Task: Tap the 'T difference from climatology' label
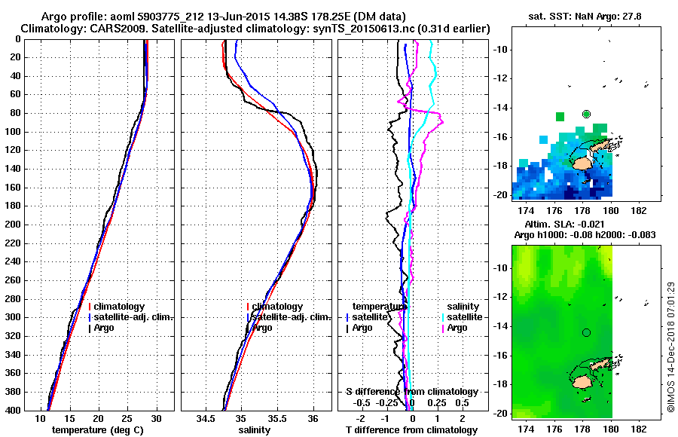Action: pos(412,429)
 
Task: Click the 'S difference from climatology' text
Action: pos(412,392)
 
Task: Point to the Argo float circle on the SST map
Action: pos(586,114)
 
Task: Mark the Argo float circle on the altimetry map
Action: pos(586,332)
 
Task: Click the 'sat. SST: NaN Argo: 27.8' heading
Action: pos(576,16)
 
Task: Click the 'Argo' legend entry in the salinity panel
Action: pos(262,328)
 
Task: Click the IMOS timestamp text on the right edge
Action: pos(671,347)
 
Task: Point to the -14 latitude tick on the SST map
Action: pos(498,108)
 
